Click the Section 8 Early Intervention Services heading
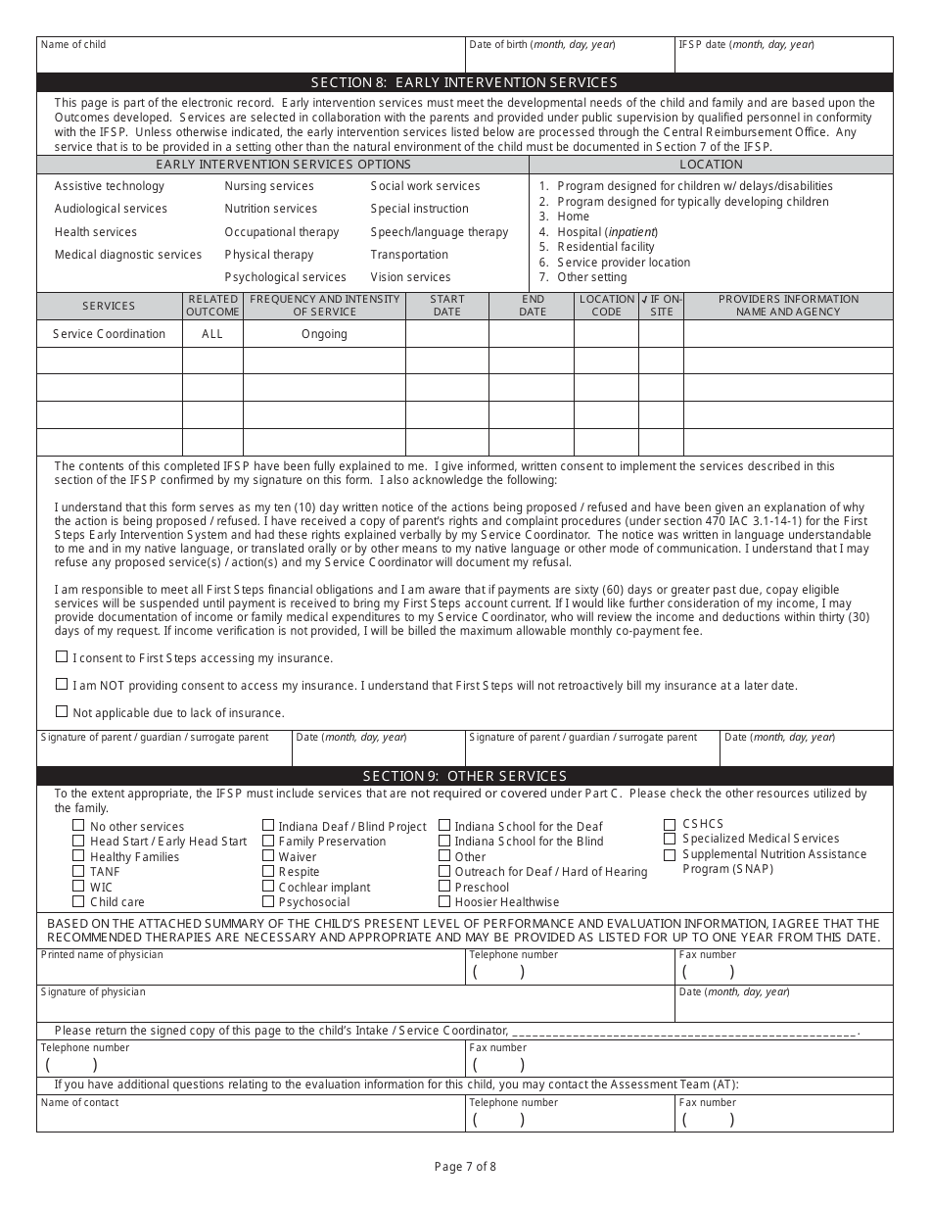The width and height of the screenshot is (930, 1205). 464,82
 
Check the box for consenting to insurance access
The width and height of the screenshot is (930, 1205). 62,657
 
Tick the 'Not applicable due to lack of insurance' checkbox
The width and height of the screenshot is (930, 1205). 62,712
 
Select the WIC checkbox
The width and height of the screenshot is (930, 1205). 78,887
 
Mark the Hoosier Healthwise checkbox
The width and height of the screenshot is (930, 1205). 444,901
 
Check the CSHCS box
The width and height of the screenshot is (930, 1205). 670,824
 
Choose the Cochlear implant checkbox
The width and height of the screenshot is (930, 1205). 268,887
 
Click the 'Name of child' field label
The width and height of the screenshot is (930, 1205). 73,44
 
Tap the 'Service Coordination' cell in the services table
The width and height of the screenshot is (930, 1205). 110,334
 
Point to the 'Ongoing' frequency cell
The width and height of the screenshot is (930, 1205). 324,334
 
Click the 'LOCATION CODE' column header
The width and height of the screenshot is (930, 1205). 606,306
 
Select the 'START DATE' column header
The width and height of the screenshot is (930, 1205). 446,306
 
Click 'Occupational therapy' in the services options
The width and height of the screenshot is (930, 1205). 282,232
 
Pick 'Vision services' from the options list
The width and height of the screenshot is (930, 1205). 410,277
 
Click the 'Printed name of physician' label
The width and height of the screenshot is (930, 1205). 102,954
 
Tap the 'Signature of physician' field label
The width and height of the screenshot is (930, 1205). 93,991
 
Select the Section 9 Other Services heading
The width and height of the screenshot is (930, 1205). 464,776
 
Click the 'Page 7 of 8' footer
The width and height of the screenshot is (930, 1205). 465,1166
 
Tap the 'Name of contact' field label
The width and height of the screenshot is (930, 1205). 79,1102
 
